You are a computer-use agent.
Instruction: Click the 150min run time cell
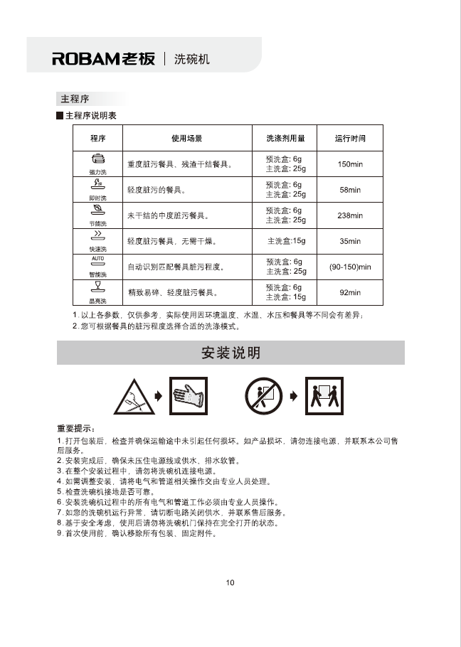tap(350, 164)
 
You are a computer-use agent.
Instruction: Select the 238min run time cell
tap(350, 215)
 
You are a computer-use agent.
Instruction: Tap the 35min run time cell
tap(350, 241)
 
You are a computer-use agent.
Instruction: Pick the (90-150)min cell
tap(350, 267)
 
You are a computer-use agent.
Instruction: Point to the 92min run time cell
tap(350, 292)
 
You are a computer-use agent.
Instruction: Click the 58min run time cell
tap(350, 190)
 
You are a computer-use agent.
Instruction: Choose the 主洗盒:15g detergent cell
tap(286, 241)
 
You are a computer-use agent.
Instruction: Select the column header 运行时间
tap(350, 138)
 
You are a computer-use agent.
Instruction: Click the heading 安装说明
tap(231, 353)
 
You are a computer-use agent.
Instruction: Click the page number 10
tap(231, 583)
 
